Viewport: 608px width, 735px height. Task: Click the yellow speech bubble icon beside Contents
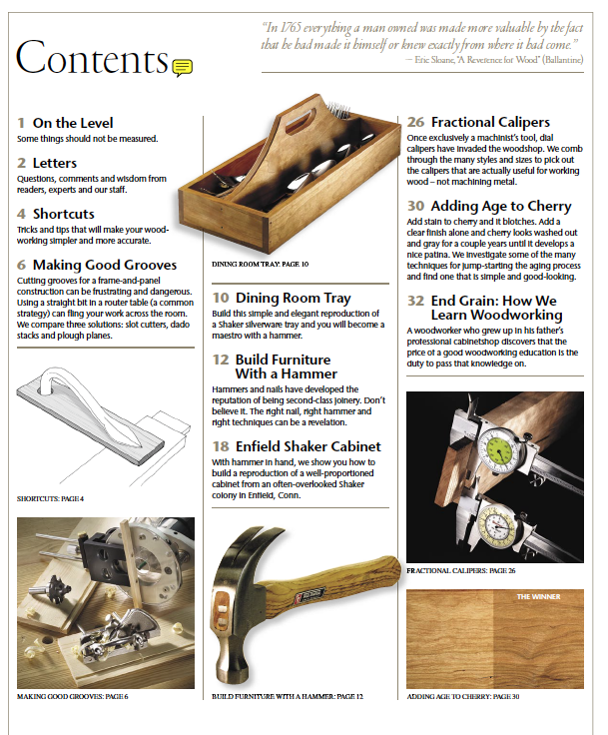182,67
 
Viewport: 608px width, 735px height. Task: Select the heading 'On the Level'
73,123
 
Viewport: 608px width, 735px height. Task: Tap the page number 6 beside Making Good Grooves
22,265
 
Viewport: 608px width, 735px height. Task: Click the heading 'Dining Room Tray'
293,298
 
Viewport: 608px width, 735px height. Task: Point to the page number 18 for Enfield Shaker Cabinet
221,446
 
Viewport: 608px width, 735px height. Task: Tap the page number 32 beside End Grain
415,300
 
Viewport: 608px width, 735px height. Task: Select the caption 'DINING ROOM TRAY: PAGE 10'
261,265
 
